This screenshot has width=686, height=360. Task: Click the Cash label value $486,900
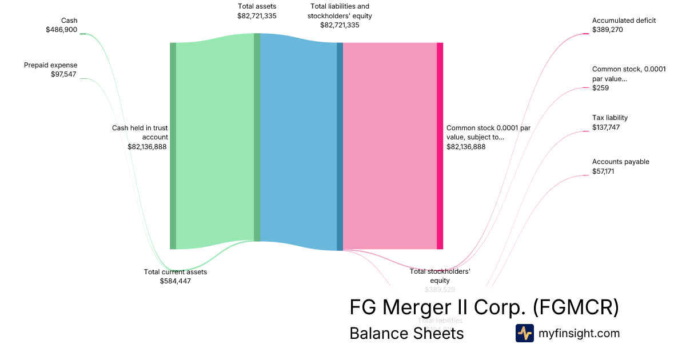62,30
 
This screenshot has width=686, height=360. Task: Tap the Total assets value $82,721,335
257,16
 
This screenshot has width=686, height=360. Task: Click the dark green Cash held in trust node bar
173,146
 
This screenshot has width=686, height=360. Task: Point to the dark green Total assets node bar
257,137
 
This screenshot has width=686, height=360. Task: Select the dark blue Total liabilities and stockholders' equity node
340,146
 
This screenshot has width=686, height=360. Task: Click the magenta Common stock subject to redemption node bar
440,146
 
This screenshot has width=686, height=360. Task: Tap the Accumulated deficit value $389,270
608,30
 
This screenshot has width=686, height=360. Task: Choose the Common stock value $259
600,88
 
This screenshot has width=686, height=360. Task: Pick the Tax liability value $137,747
606,127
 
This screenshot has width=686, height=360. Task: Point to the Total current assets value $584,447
176,281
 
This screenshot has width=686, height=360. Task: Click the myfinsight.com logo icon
524,333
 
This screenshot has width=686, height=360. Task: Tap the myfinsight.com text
579,333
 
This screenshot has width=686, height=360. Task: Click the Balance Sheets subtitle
406,333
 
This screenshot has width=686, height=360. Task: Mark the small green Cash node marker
82,34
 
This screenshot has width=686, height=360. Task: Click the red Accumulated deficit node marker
585,34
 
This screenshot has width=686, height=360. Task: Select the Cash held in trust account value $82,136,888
147,146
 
